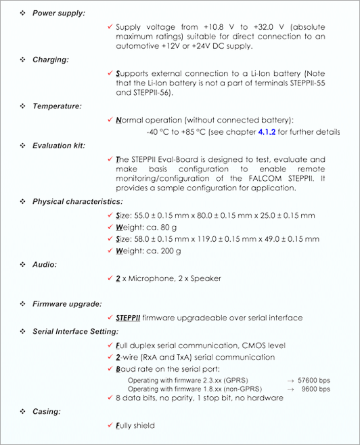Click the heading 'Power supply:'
pyautogui.click(x=59, y=13)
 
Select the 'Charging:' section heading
pyautogui.click(x=51, y=60)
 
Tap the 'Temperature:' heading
pyautogui.click(x=57, y=106)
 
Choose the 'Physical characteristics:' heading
pyautogui.click(x=78, y=202)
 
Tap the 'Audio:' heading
pyautogui.click(x=45, y=264)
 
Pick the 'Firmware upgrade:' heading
pyautogui.click(x=67, y=304)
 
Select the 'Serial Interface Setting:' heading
pyautogui.click(x=75, y=331)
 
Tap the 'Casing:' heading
pyautogui.click(x=47, y=411)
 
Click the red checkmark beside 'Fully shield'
pyautogui.click(x=110, y=425)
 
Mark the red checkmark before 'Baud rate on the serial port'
pyautogui.click(x=110, y=369)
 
